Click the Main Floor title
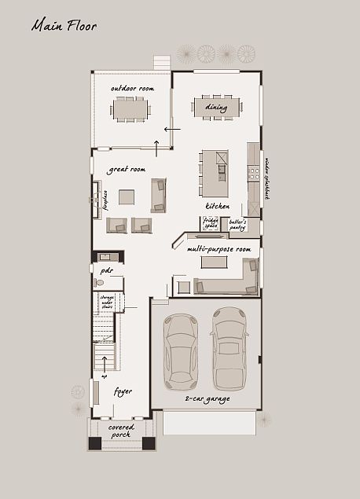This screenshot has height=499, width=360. pos(64,26)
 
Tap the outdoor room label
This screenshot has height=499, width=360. pos(132,88)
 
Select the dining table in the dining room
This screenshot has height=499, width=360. pos(216,108)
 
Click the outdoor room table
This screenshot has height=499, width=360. pos(130,108)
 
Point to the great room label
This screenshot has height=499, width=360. pos(127,169)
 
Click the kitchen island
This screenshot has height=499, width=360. pos(215,173)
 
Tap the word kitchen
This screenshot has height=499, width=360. pos(218,206)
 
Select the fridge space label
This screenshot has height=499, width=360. pos(211,223)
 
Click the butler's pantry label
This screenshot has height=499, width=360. pos(238,224)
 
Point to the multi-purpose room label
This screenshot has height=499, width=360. pos(219,249)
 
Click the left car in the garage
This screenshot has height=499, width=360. pos(182,351)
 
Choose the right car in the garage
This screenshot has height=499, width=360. pos(230,348)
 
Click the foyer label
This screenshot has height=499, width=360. pos(123,391)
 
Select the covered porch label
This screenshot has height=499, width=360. pos(121,431)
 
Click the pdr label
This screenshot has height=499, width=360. pos(107,270)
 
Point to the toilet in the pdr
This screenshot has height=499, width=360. pos(99,282)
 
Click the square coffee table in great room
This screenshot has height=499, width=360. pos(127,196)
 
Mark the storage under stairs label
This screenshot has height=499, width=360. pos(107,302)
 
